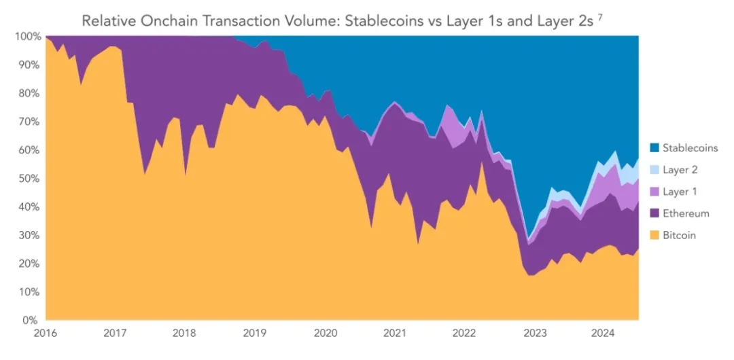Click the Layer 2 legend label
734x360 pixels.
pyautogui.click(x=680, y=170)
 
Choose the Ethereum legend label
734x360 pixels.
pyautogui.click(x=686, y=213)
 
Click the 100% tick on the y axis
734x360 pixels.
pyautogui.click(x=26, y=36)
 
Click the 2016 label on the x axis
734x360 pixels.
pyautogui.click(x=46, y=334)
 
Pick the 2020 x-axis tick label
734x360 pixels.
pyautogui.click(x=325, y=334)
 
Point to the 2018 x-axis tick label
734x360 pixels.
pyautogui.click(x=185, y=334)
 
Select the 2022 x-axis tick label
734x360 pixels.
pyautogui.click(x=464, y=334)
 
